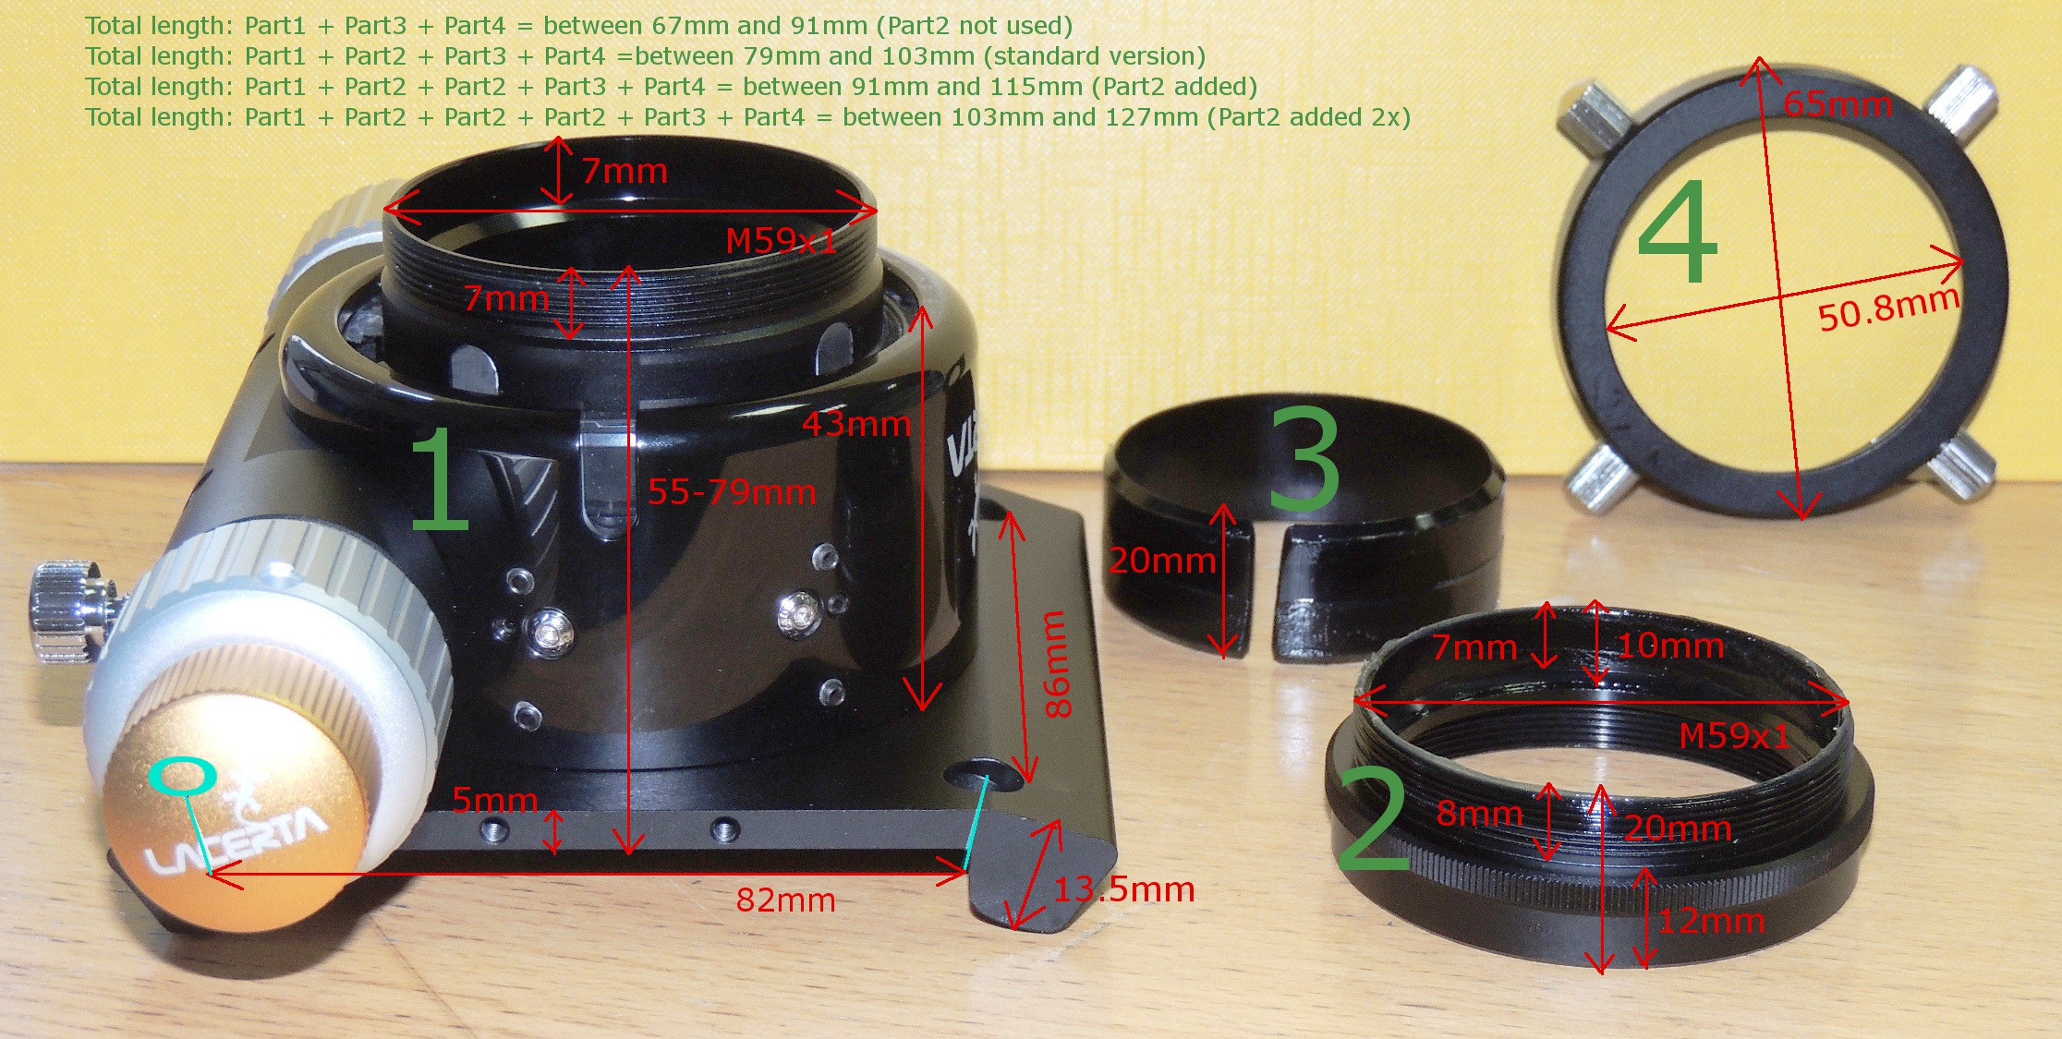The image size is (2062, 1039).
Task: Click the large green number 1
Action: click(x=440, y=480)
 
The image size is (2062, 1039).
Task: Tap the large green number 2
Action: click(x=1373, y=820)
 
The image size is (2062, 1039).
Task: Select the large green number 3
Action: click(x=1304, y=459)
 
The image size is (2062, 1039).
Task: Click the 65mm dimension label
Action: click(x=1838, y=104)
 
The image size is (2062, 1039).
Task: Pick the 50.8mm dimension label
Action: click(x=1888, y=308)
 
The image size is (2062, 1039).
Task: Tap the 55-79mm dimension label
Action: click(x=732, y=491)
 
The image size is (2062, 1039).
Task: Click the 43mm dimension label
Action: click(x=856, y=424)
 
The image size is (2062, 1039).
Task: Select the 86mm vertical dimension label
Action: click(x=1057, y=663)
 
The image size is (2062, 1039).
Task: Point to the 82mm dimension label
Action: click(x=785, y=900)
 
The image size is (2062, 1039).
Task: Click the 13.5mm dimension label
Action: click(x=1124, y=889)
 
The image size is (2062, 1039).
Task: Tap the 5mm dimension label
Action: click(x=495, y=799)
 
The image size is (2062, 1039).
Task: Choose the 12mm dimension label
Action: click(x=1711, y=921)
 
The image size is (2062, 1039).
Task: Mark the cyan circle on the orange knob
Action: click(x=182, y=776)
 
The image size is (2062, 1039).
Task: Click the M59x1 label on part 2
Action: click(x=1734, y=736)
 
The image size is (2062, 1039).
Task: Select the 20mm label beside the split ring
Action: click(x=1162, y=560)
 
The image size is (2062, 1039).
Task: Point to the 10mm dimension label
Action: click(x=1670, y=646)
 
